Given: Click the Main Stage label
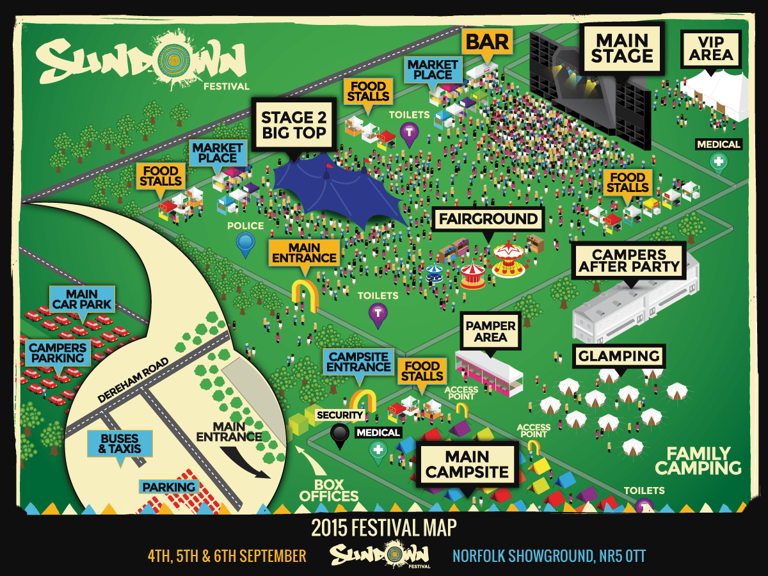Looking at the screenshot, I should click(621, 48).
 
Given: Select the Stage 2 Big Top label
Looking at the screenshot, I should click(294, 124).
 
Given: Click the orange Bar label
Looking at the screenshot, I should click(487, 43).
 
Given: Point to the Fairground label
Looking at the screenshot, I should click(488, 219).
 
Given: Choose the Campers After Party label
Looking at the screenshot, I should click(628, 260).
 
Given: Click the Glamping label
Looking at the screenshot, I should click(619, 356).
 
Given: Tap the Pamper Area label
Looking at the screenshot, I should click(491, 330).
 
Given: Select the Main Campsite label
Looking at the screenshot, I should click(468, 465).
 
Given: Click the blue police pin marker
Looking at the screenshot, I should click(245, 243).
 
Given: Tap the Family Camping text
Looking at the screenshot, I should click(698, 461).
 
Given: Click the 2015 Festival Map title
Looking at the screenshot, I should click(383, 528).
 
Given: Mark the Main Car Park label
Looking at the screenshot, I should click(82, 299).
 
